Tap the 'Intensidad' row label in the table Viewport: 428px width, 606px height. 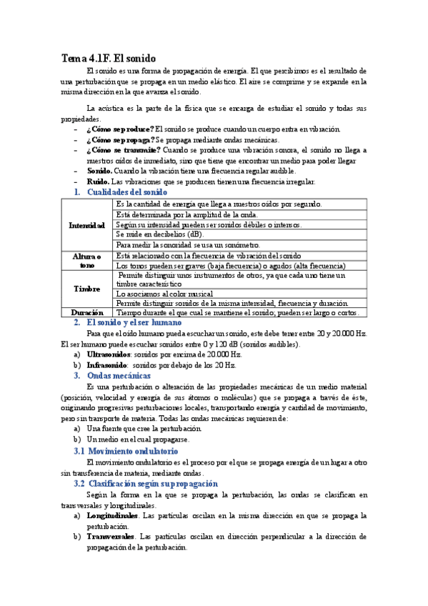coord(87,225)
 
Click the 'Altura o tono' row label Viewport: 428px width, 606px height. coord(87,260)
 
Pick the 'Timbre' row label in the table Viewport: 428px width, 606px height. coord(87,289)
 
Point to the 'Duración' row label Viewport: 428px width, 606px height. coord(87,312)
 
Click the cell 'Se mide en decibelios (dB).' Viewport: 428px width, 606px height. coord(159,234)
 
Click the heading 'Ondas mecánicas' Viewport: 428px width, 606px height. coord(119,376)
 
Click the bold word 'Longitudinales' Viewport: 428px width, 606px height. coord(112,515)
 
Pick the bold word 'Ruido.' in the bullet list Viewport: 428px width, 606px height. coord(99,182)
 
